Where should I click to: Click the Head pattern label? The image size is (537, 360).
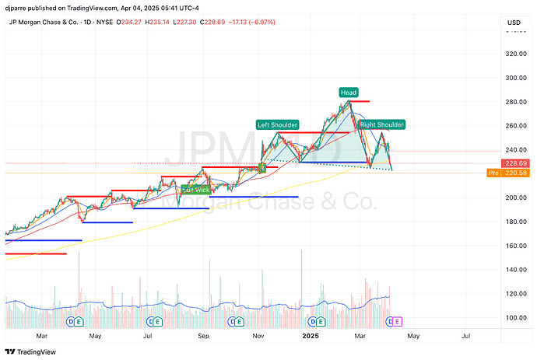(x=348, y=93)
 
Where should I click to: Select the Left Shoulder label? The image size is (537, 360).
(x=277, y=124)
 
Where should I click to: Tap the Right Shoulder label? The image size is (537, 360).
(x=382, y=124)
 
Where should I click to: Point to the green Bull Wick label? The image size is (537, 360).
(x=195, y=189)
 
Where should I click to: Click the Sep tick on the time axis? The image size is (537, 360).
(x=203, y=335)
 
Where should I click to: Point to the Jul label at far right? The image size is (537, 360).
(x=465, y=335)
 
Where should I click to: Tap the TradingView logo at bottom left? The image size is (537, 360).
(x=33, y=351)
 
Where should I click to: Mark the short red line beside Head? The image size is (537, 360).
(x=359, y=102)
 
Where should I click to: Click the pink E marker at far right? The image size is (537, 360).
(x=398, y=320)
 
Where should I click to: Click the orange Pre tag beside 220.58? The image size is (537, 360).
(x=493, y=173)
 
